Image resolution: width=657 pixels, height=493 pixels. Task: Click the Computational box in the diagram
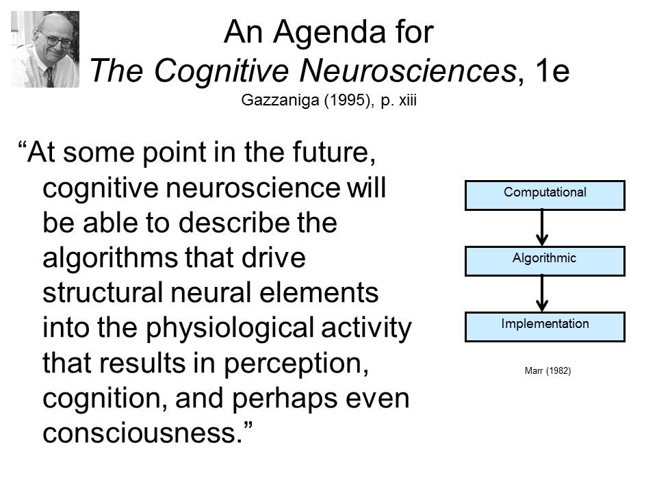click(545, 194)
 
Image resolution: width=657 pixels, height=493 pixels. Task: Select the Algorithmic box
click(545, 261)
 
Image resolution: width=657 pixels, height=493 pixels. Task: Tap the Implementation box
click(545, 327)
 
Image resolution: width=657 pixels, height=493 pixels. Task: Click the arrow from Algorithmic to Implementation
click(542, 293)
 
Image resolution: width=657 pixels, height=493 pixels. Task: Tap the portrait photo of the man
click(45, 49)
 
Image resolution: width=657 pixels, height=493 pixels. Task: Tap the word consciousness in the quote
click(141, 433)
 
